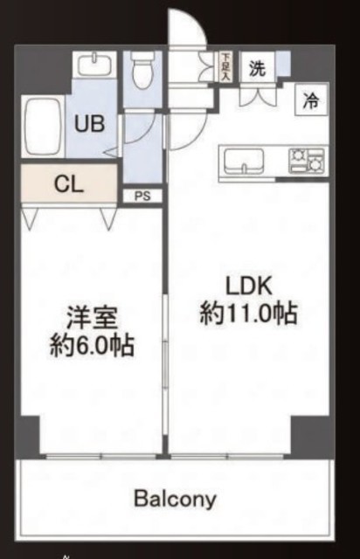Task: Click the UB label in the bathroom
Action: [89, 124]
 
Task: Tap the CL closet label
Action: [68, 184]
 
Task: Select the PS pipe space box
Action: [142, 196]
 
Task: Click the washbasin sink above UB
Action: [95, 64]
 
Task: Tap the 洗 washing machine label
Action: [257, 68]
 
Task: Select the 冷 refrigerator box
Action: [311, 100]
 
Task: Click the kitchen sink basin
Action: [244, 161]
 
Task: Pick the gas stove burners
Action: [307, 161]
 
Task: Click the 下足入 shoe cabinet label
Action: [225, 66]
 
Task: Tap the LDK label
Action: [249, 286]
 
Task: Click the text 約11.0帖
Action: [248, 313]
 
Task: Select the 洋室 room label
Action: [92, 318]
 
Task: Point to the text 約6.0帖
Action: [92, 345]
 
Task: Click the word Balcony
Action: [175, 499]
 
